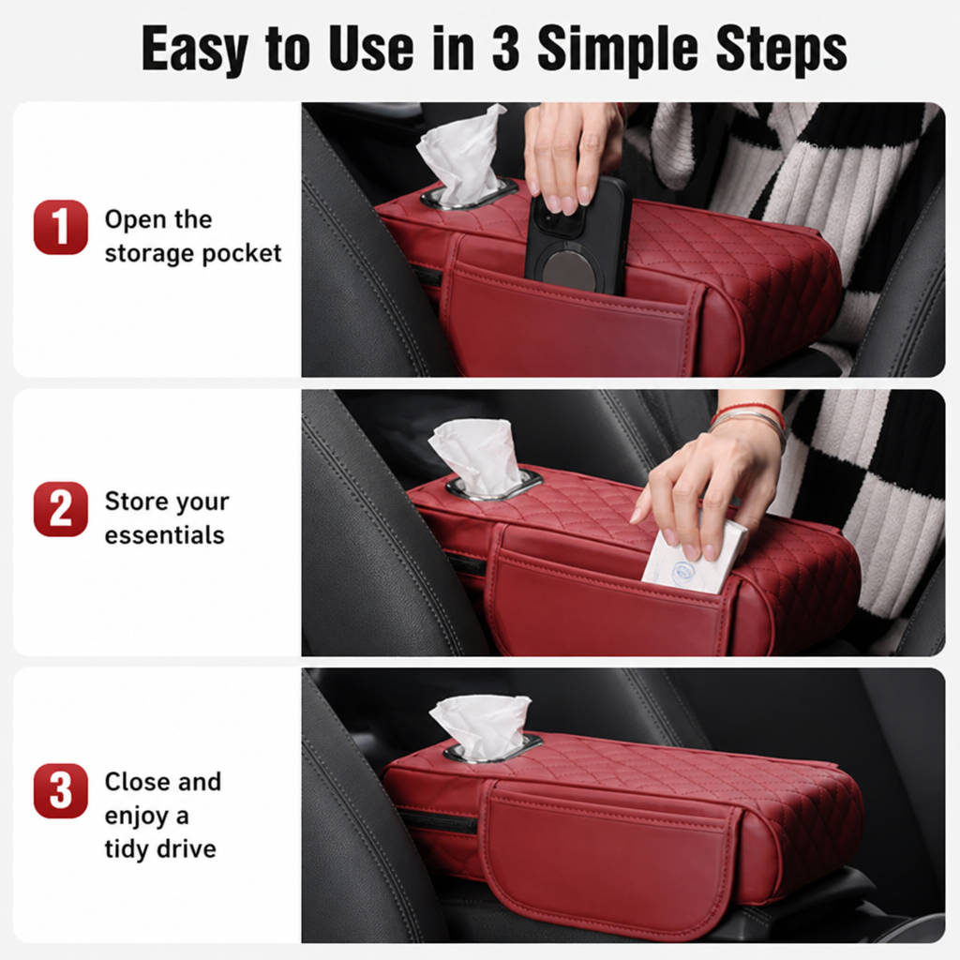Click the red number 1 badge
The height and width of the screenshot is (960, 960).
[61, 227]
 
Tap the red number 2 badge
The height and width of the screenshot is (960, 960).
[61, 509]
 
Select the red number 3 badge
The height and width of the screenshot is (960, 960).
[61, 790]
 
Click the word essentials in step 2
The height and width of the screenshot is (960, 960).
[165, 535]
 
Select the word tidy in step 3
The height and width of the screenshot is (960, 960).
[127, 849]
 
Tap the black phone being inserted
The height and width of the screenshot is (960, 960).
[577, 237]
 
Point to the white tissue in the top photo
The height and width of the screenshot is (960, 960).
[460, 157]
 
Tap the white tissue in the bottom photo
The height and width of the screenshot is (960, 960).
[480, 727]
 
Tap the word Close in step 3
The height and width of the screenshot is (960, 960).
[137, 782]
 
